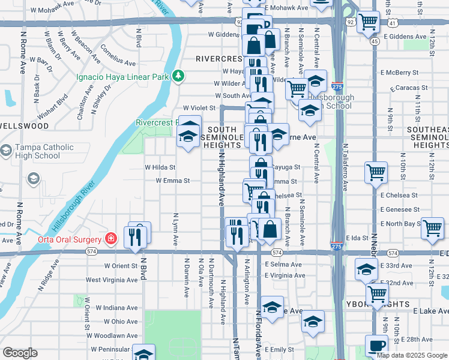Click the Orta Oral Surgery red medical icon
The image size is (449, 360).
[110, 239]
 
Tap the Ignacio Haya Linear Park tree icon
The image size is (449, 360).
[178, 76]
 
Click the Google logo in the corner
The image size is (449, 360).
[20, 353]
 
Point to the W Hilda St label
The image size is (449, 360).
[160, 167]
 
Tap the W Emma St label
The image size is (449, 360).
[173, 180]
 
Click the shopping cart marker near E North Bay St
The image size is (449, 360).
[432, 228]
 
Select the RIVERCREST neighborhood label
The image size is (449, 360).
[218, 59]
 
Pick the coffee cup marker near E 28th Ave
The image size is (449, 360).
[376, 346]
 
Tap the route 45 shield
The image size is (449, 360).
[375, 41]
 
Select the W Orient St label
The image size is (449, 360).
[121, 265]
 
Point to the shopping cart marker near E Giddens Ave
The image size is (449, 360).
[368, 23]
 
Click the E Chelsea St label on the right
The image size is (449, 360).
[399, 195]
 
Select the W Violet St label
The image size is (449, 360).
[199, 107]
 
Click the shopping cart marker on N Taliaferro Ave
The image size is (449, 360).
[376, 173]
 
